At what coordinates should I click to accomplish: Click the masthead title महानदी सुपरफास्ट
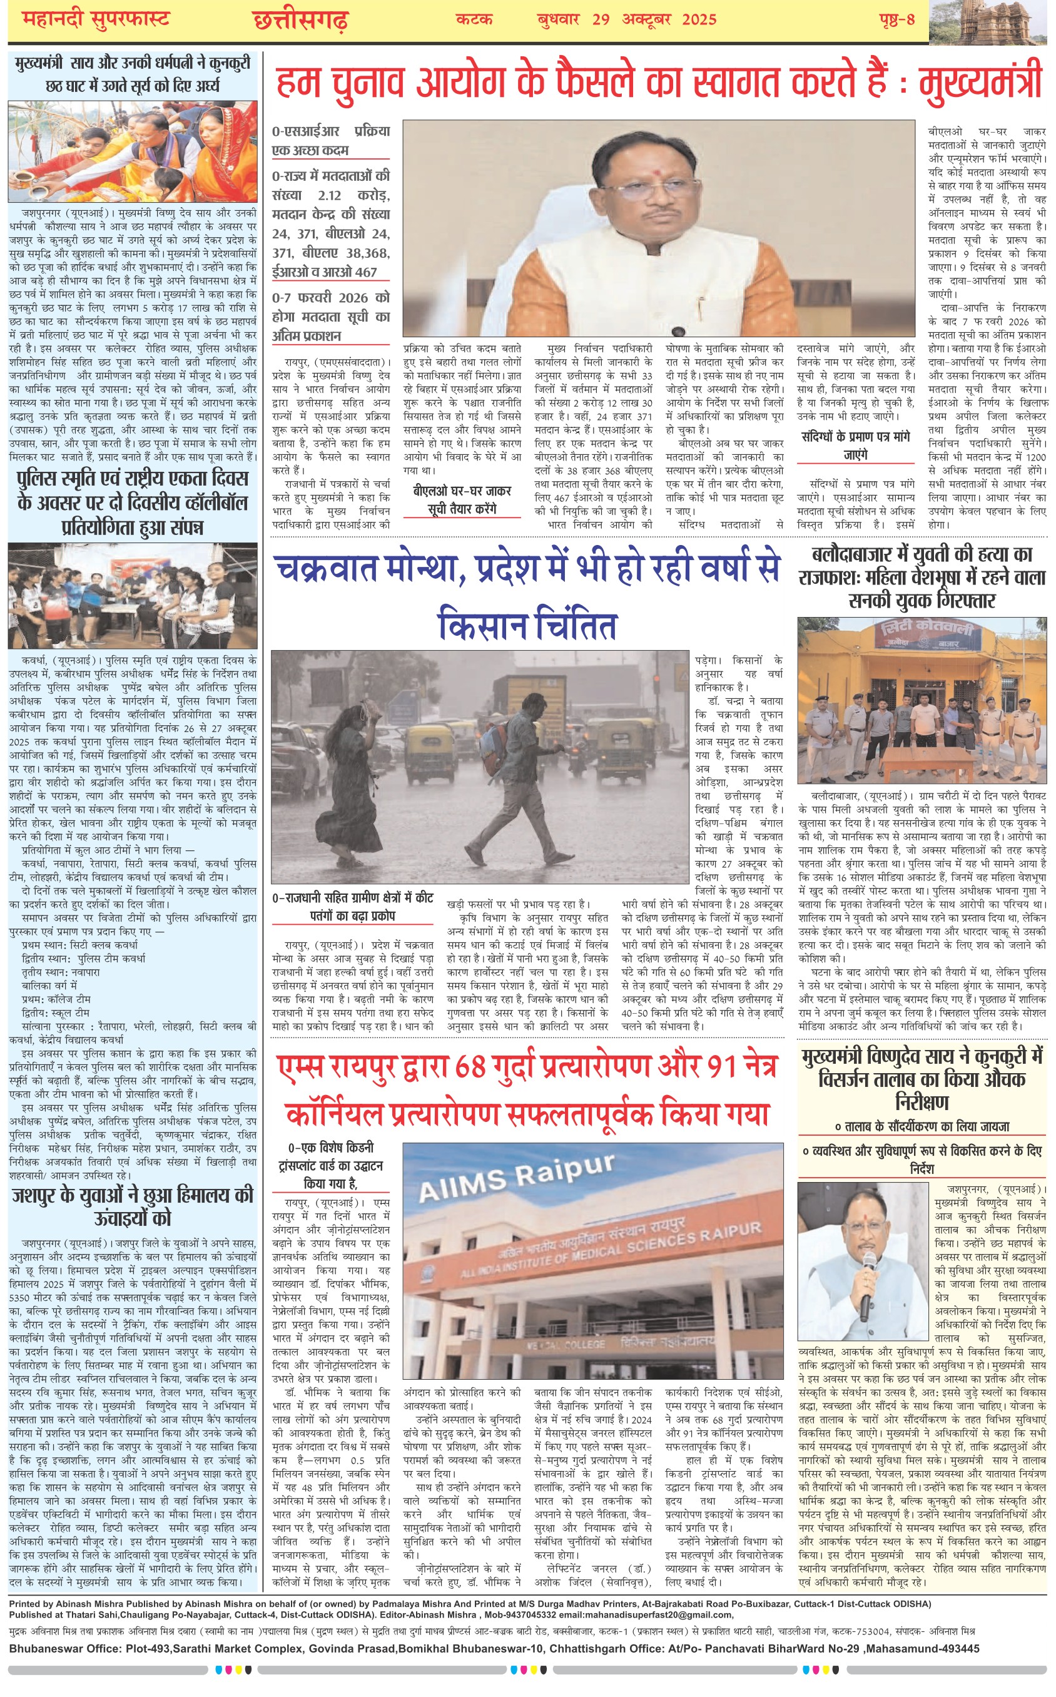[x=96, y=19]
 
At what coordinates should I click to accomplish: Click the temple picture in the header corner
[x=992, y=22]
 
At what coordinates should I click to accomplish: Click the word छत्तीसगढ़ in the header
[x=300, y=20]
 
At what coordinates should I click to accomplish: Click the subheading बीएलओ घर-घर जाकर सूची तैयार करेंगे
[x=462, y=500]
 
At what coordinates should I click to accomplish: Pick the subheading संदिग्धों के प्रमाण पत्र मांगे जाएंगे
[x=856, y=445]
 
